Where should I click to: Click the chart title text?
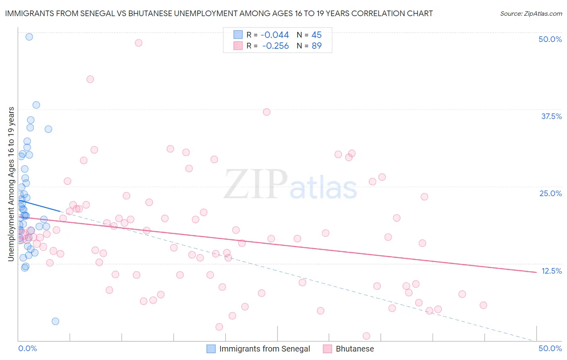(219, 13)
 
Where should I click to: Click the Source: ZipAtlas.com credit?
(531, 13)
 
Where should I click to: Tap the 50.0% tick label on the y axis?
(550, 39)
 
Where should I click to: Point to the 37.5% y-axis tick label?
(551, 116)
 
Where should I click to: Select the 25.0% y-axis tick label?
(550, 193)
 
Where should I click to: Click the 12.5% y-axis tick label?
(551, 271)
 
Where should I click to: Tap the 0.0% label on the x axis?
(27, 348)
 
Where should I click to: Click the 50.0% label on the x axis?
(550, 348)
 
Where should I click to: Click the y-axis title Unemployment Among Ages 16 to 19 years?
(11, 184)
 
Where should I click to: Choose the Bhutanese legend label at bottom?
(355, 349)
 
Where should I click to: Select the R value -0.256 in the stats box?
(275, 46)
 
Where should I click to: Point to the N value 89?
(317, 46)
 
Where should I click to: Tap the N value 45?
(317, 35)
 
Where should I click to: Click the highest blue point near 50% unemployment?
(29, 37)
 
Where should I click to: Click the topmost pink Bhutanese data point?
(138, 43)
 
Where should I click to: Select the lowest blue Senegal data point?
(55, 321)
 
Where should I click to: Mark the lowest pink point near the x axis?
(367, 336)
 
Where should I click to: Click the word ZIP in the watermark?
(256, 184)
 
